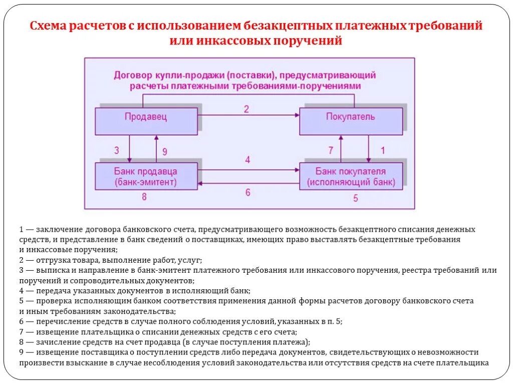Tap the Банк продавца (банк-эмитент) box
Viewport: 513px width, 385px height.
pos(146,176)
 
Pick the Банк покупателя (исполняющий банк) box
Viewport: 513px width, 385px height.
pos(351,176)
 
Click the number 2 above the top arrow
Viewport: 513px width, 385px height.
pos(246,109)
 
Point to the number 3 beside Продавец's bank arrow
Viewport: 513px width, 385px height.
pos(117,150)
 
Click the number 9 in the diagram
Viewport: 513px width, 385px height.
pos(165,151)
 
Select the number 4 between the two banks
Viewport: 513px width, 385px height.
pos(247,160)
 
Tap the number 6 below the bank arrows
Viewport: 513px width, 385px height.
pos(247,192)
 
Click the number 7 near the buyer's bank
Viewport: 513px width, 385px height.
pos(330,150)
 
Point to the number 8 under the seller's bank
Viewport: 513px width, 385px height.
pos(144,197)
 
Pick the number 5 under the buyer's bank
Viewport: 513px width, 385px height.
pos(356,198)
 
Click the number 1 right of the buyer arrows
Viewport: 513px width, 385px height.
pos(383,150)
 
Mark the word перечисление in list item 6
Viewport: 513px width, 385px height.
pos(62,322)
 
